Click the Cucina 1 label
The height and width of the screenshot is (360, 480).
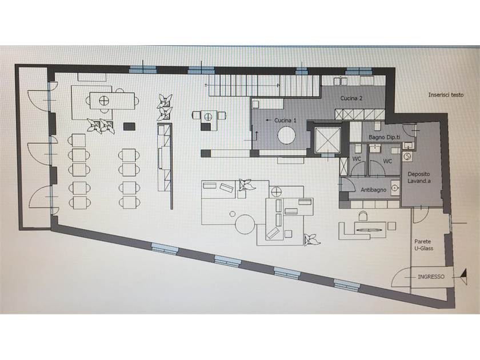(285, 121)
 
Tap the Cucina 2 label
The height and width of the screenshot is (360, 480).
(351, 98)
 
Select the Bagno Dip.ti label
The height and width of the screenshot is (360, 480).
(384, 137)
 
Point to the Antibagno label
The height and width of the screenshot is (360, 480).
(373, 190)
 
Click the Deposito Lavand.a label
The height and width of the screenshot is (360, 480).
(419, 177)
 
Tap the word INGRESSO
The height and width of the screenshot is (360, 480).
(431, 277)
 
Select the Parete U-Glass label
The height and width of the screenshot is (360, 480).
(423, 245)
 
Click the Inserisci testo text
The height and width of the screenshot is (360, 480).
(446, 95)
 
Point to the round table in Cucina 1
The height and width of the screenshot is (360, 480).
(287, 135)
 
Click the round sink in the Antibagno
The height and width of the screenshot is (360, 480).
(395, 187)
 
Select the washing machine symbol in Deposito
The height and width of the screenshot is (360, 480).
(407, 157)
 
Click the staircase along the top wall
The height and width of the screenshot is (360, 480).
(265, 85)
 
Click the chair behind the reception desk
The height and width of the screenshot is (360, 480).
(363, 216)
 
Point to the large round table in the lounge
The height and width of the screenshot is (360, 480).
(245, 225)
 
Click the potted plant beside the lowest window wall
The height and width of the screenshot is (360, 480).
(312, 239)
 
